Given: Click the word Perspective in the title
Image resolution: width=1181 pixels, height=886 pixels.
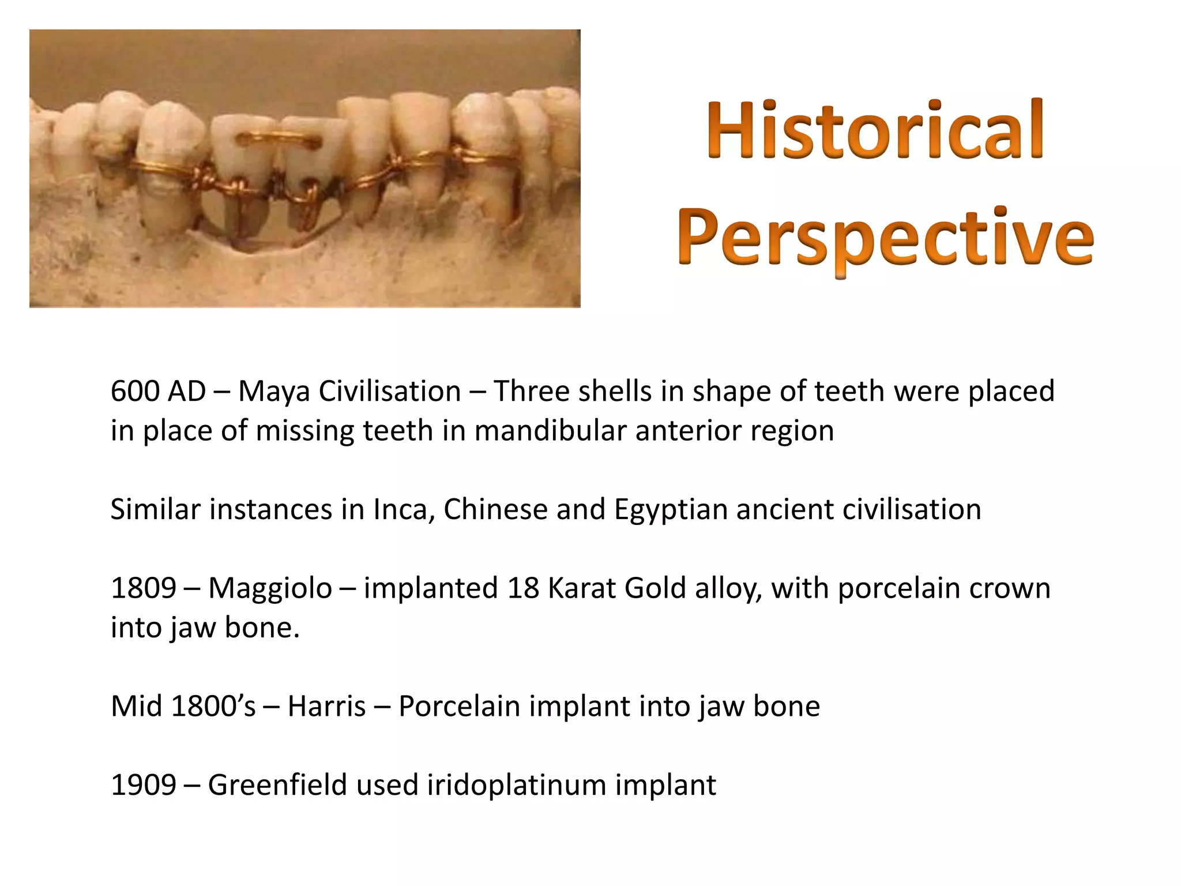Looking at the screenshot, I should [885, 238].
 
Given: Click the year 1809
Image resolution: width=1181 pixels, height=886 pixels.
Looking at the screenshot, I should [143, 588].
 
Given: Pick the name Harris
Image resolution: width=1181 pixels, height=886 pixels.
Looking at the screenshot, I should [326, 707].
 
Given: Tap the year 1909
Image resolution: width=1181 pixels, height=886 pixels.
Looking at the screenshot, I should [143, 785].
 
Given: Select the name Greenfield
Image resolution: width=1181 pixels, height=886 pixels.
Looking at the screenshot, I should [277, 785].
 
